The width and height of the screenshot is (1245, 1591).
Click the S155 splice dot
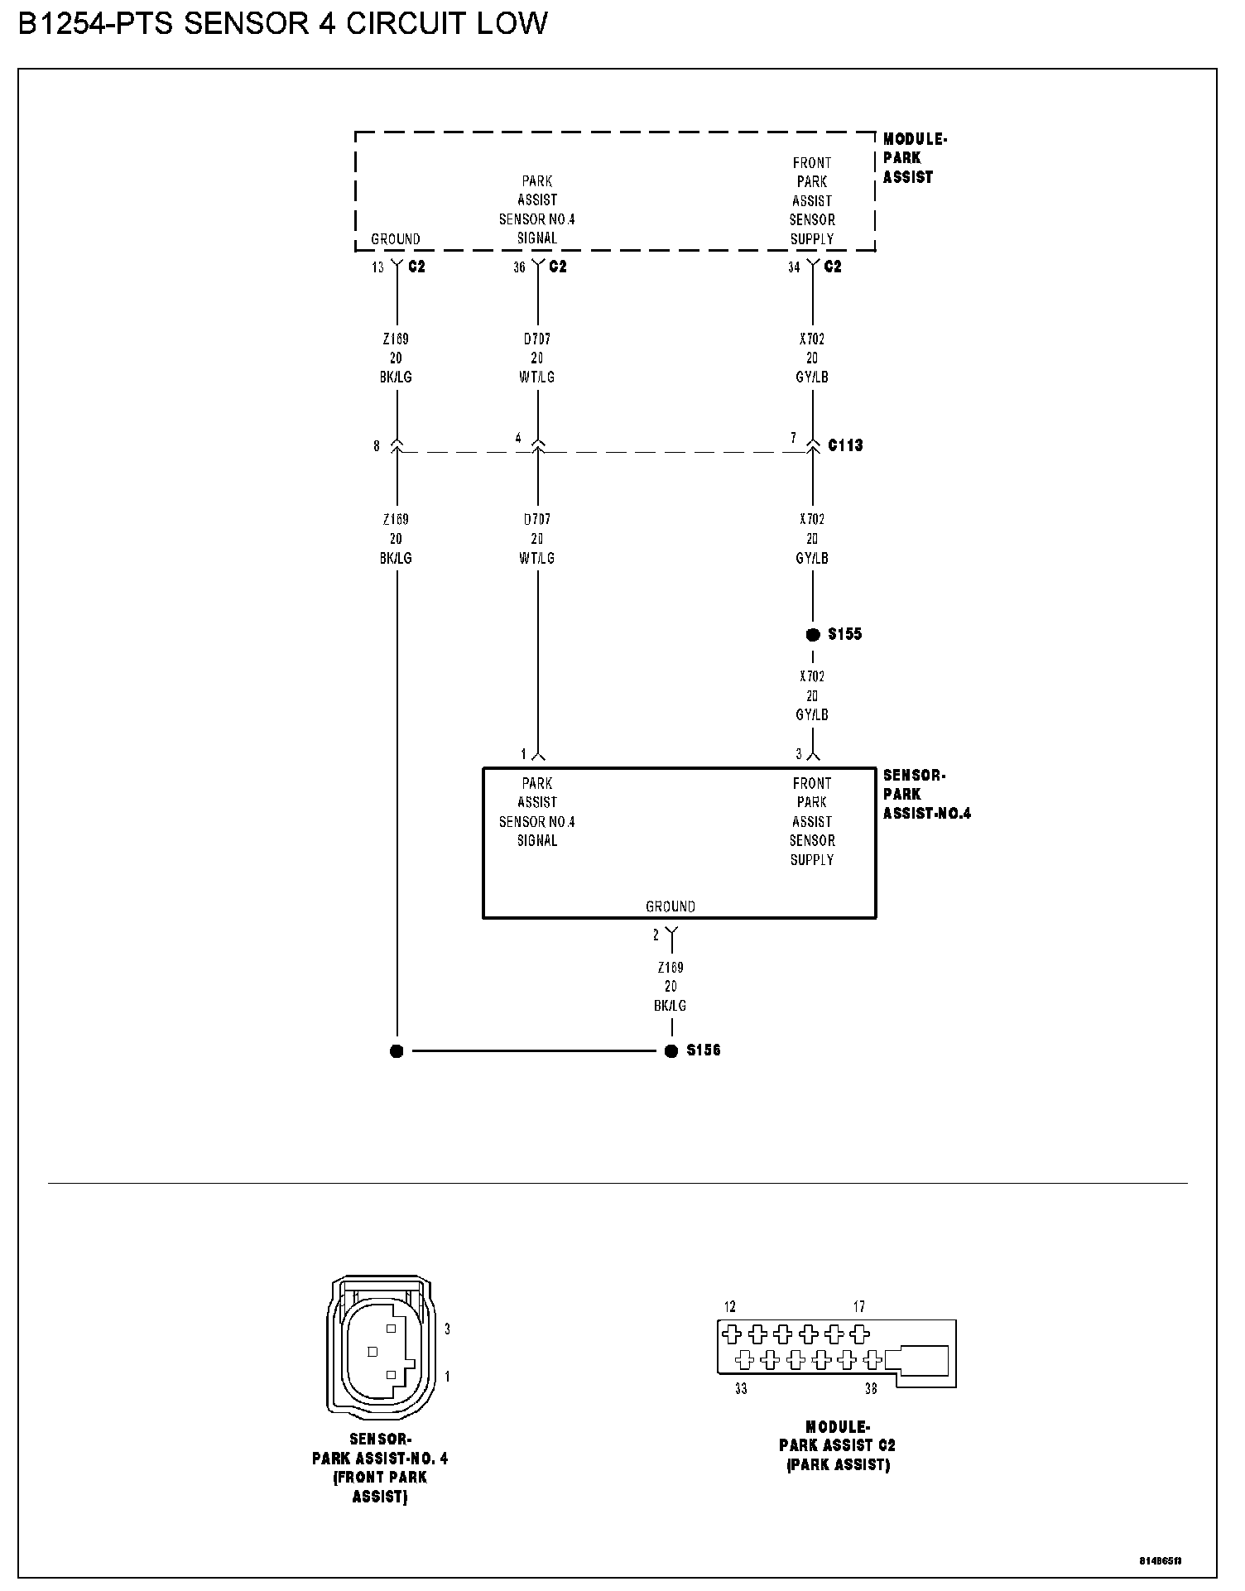[x=813, y=635]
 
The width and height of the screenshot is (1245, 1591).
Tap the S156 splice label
[x=704, y=1050]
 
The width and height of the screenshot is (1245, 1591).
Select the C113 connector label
[x=845, y=445]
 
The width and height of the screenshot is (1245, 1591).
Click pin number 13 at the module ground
[x=377, y=267]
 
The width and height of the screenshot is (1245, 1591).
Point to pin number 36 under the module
[x=519, y=267]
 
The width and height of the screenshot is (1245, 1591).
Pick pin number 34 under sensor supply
[x=794, y=267]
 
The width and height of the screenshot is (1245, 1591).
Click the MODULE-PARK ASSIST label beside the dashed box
[x=913, y=158]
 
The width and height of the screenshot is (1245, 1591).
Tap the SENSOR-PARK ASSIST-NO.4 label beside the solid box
[x=925, y=795]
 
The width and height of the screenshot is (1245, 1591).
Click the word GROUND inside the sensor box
[x=671, y=906]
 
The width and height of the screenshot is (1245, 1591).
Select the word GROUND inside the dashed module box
[x=396, y=239]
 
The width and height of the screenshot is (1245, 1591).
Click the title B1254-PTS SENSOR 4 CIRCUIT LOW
[x=282, y=23]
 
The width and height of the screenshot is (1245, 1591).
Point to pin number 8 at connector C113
[x=377, y=446]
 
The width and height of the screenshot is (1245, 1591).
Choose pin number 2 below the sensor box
[x=656, y=935]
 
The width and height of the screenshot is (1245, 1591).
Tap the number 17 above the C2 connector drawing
[x=859, y=1307]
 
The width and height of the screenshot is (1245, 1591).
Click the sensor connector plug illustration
[x=380, y=1347]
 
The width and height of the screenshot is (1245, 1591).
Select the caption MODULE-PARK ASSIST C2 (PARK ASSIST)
[x=837, y=1445]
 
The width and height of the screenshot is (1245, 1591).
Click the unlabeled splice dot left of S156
[x=397, y=1051]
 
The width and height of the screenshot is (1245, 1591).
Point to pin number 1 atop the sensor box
[x=523, y=754]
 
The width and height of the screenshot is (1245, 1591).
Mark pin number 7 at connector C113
[x=793, y=438]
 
